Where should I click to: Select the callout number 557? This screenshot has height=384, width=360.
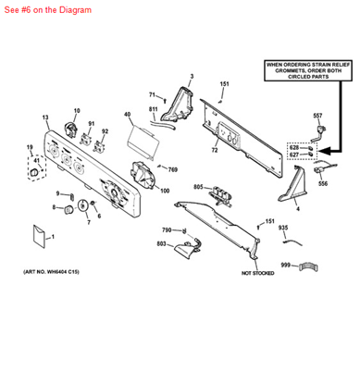click(317, 115)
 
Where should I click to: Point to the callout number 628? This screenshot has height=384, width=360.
click(293, 147)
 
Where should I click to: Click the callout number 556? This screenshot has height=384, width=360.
click(323, 184)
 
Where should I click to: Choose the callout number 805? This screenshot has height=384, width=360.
click(197, 188)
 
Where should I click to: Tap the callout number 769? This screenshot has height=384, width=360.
click(172, 169)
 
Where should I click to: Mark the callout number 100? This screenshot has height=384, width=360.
click(165, 191)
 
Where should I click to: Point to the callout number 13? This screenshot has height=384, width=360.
click(45, 118)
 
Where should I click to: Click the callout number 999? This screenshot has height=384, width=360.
click(285, 266)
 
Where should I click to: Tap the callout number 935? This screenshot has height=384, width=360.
click(282, 228)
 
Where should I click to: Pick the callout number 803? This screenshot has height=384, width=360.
click(161, 243)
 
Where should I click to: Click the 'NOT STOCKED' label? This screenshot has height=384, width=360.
click(257, 273)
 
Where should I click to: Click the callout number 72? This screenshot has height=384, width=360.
click(214, 150)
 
